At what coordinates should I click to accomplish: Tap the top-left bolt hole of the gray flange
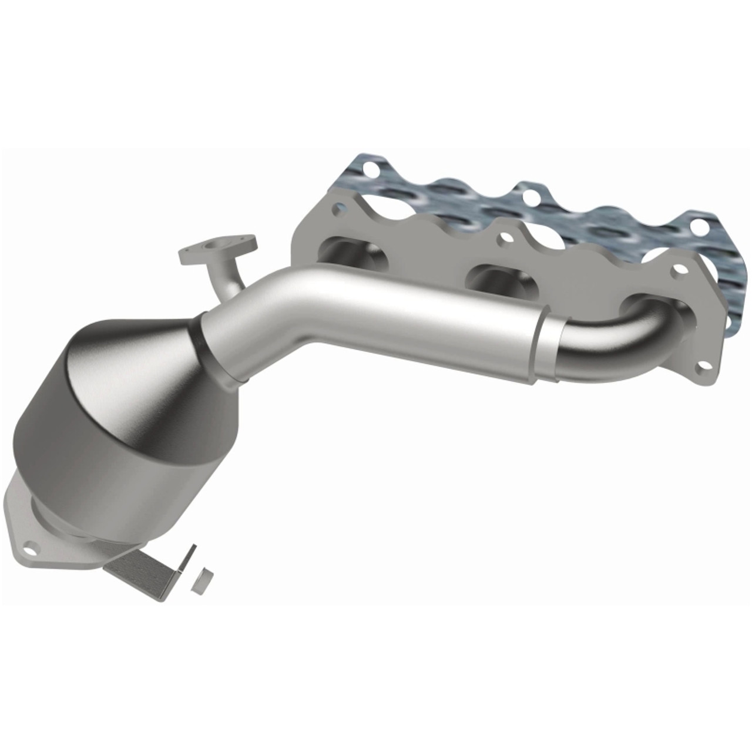click(x=338, y=209)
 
